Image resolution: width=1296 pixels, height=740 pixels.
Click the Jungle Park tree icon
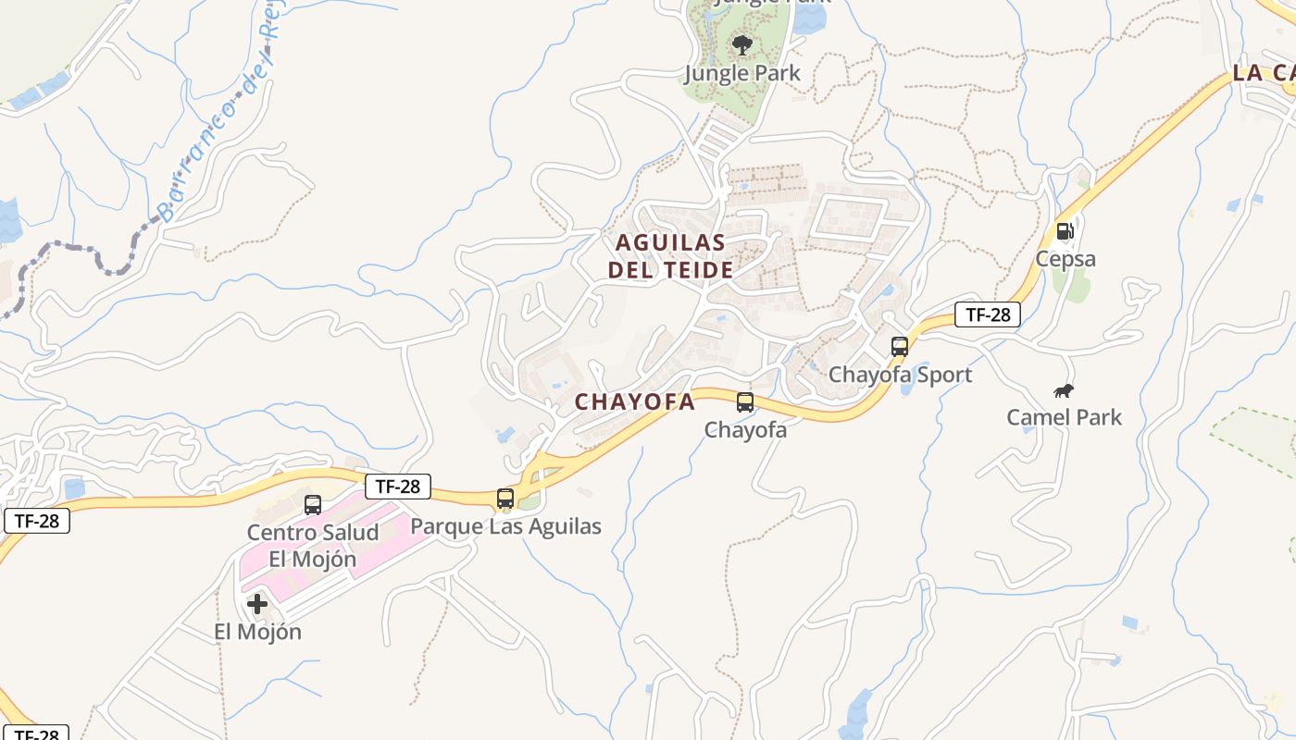point(741,43)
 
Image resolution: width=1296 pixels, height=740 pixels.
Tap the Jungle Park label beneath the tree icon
point(742,73)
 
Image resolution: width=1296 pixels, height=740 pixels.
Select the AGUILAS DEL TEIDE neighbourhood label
point(671,256)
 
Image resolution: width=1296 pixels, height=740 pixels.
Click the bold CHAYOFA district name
point(634,401)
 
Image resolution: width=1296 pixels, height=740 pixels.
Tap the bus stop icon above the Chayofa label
point(745,402)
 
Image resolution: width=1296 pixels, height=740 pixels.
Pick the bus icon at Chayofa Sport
point(900,347)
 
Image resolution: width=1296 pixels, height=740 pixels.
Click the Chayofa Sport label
point(900,375)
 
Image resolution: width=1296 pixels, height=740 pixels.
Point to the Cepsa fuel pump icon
point(1065,231)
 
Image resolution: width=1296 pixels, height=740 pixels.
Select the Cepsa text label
point(1065,259)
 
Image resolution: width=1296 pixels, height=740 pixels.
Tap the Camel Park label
point(1065,417)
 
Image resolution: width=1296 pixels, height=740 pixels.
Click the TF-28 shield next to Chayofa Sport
point(988,314)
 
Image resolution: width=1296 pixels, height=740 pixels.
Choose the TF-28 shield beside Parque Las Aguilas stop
point(397,486)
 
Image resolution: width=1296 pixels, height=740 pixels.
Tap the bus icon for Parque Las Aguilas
point(505,499)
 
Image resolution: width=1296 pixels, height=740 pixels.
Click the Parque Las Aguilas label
point(505,526)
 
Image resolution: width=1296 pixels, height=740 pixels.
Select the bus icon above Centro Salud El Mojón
point(313,504)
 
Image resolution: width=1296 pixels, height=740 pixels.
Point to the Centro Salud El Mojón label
point(313,546)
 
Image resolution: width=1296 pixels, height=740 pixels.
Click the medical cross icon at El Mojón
point(257,604)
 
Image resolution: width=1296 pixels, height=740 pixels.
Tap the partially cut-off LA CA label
point(1264,73)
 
